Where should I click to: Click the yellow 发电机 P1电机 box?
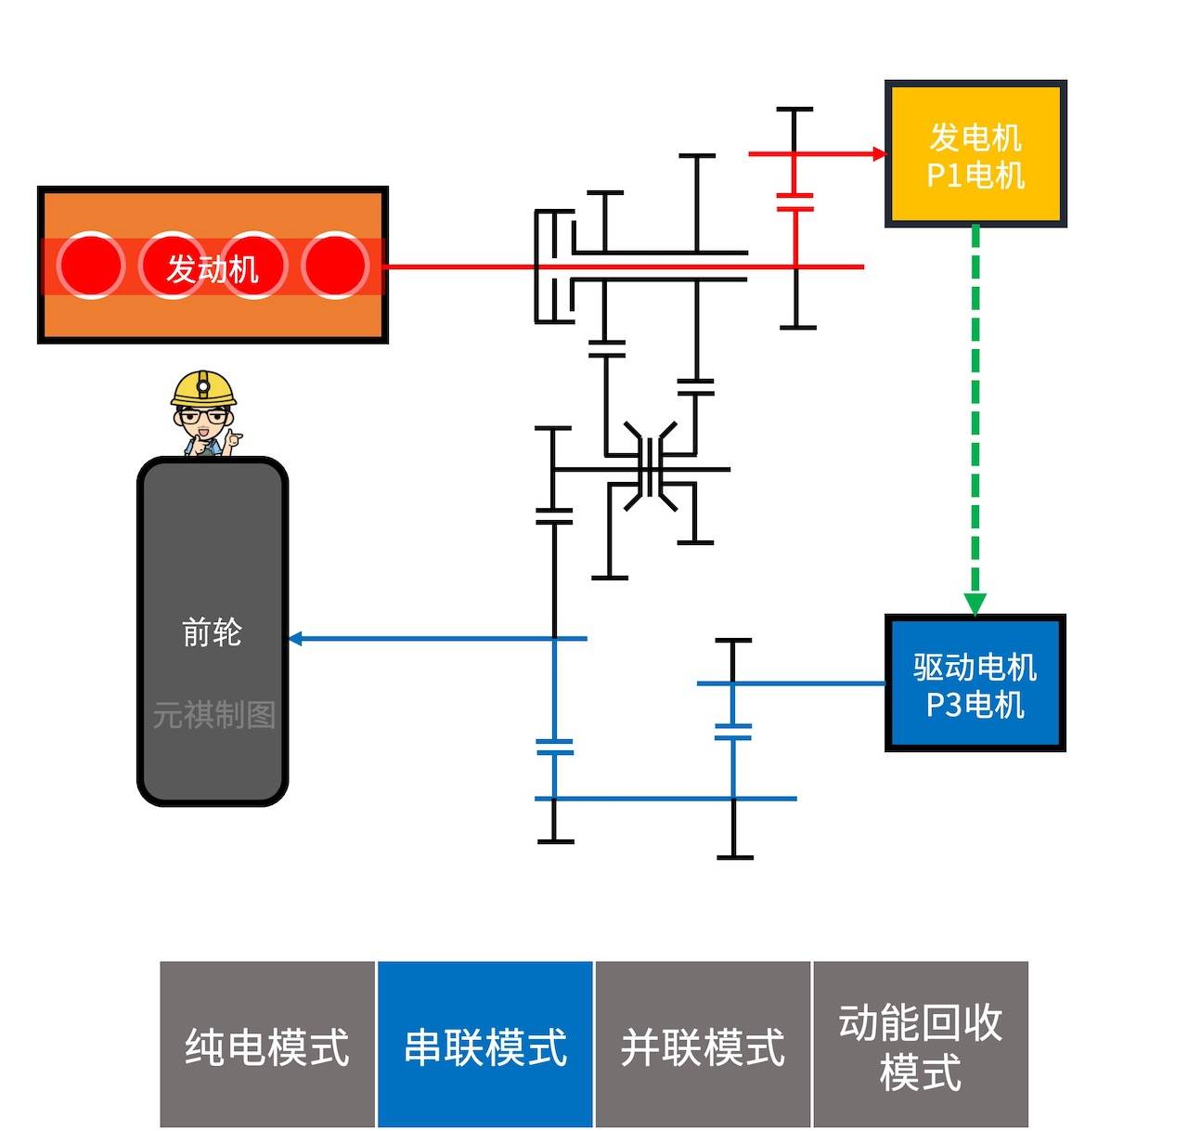point(975,153)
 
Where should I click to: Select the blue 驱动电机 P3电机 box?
point(975,682)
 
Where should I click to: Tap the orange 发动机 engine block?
point(213,266)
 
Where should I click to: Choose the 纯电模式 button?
point(267,1045)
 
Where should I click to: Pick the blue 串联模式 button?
point(484,1045)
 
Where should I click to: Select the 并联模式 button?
point(703,1045)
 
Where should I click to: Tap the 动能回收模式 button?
point(920,1045)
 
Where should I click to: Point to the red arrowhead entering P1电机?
point(878,154)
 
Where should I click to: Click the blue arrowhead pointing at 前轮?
point(296,639)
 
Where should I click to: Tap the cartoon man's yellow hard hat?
point(204,387)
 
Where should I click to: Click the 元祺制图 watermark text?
point(214,715)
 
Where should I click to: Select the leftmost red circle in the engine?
point(90,266)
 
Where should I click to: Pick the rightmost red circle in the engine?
point(335,266)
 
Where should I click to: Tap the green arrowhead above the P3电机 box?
point(975,604)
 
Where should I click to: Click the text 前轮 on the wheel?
point(213,632)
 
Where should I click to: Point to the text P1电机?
point(975,175)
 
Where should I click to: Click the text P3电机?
point(975,705)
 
